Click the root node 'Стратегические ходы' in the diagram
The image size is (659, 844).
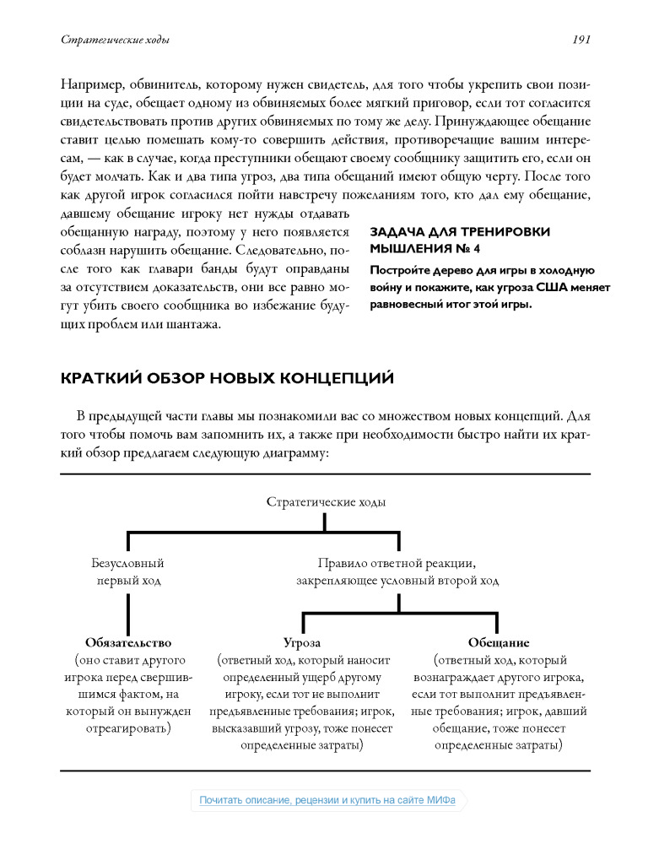click(326, 502)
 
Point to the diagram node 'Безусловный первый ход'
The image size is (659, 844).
click(127, 571)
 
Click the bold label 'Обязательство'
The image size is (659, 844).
click(127, 642)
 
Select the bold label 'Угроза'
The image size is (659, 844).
click(301, 642)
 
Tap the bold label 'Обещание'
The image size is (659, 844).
click(499, 642)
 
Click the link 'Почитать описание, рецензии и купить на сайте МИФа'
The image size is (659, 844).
click(327, 800)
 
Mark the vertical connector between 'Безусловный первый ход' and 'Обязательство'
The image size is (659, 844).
click(127, 612)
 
